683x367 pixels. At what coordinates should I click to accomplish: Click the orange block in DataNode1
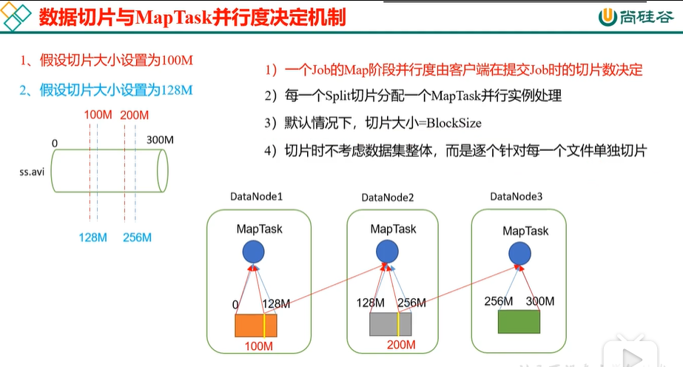point(256,326)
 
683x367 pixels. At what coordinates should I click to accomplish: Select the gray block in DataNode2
point(390,324)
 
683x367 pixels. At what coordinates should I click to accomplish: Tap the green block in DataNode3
point(519,322)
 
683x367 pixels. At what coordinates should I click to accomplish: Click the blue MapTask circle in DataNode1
point(254,252)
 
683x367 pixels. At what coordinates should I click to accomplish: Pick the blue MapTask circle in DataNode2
point(387,251)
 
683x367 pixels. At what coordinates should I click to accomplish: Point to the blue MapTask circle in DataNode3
point(519,253)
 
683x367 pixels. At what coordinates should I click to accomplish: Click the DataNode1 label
point(256,197)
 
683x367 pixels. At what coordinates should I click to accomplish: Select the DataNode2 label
point(388,198)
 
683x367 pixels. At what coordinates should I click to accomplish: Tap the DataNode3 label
point(517,197)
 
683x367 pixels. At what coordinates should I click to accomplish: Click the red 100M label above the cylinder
point(98,115)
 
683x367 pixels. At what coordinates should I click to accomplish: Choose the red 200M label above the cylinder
point(134,115)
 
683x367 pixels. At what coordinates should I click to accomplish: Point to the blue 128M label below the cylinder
point(92,238)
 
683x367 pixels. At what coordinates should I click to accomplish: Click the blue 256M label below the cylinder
point(137,238)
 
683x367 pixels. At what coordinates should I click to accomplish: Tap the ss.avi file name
point(32,172)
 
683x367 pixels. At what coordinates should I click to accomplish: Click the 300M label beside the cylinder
point(160,140)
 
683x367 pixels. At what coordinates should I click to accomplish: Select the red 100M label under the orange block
point(259,346)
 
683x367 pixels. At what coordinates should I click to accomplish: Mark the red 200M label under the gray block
point(401,345)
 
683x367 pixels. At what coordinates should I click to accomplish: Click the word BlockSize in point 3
point(454,124)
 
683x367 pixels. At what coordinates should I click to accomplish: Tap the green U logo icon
point(608,17)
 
